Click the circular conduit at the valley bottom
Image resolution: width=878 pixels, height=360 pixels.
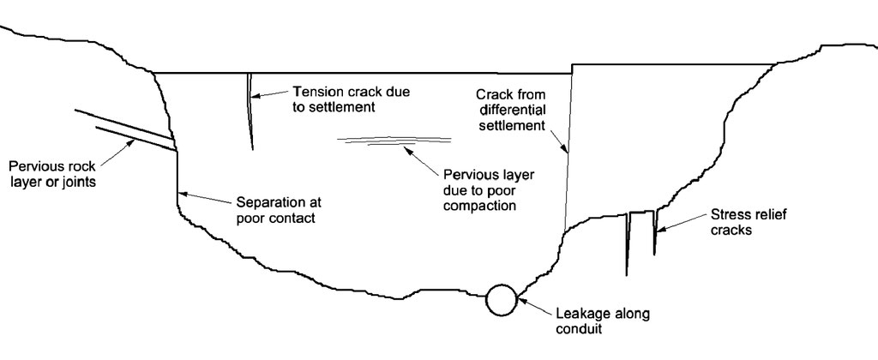(501, 299)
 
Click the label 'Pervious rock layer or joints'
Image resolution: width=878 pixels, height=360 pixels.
(51, 173)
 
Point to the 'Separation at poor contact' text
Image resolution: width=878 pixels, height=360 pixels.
(275, 211)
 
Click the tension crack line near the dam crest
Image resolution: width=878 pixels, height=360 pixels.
(250, 111)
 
